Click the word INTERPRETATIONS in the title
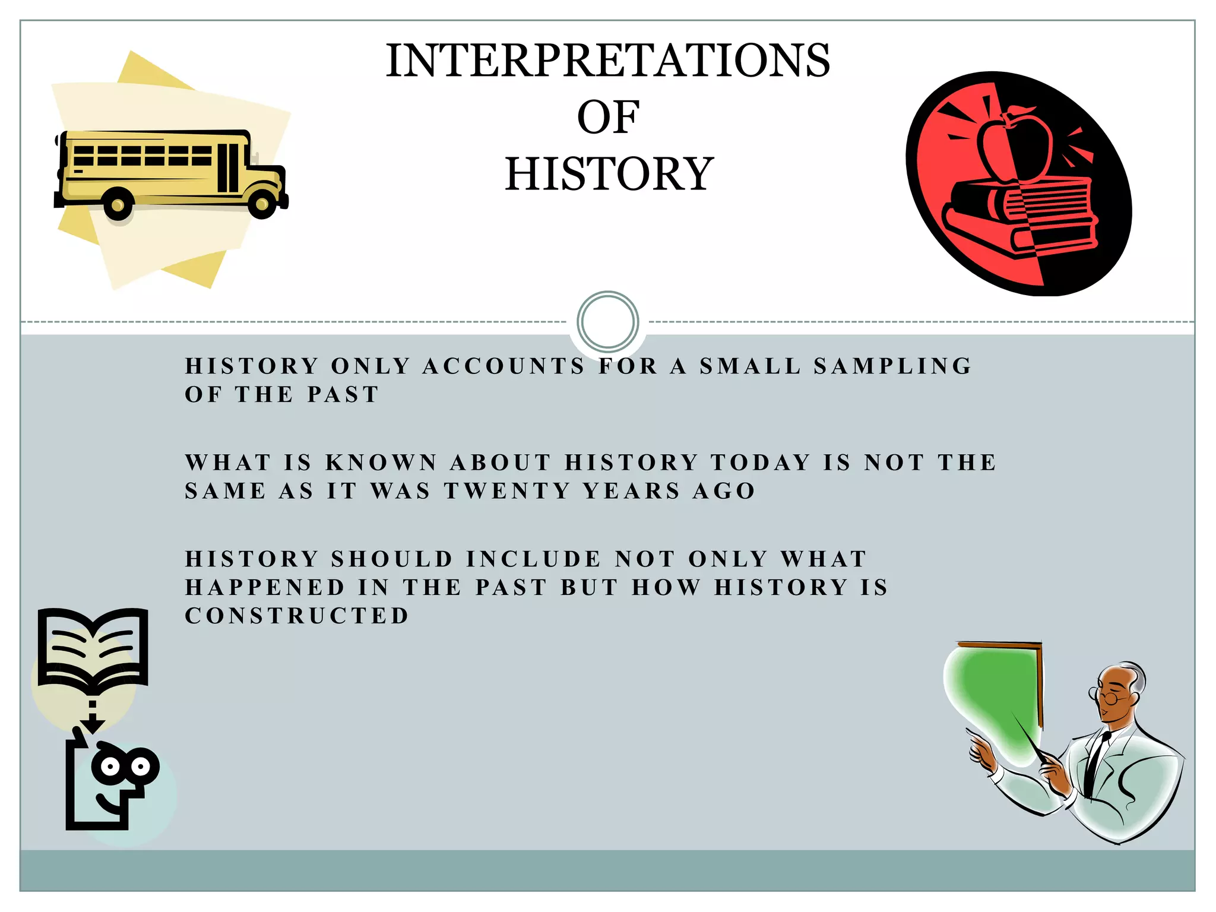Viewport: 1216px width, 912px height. point(608,61)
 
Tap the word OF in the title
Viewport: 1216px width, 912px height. point(608,118)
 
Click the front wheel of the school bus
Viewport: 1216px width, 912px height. point(261,204)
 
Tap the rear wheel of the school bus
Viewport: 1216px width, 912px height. point(118,205)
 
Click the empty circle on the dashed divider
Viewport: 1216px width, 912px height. point(607,321)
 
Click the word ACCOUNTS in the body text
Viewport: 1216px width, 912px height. point(503,366)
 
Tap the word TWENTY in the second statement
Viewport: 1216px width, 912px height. point(508,491)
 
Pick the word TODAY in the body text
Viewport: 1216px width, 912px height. point(761,463)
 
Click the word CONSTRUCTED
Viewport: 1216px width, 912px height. point(297,616)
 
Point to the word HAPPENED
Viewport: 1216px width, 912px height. point(265,587)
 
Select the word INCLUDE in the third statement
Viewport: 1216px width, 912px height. point(534,559)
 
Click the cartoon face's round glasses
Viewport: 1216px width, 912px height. point(125,766)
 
